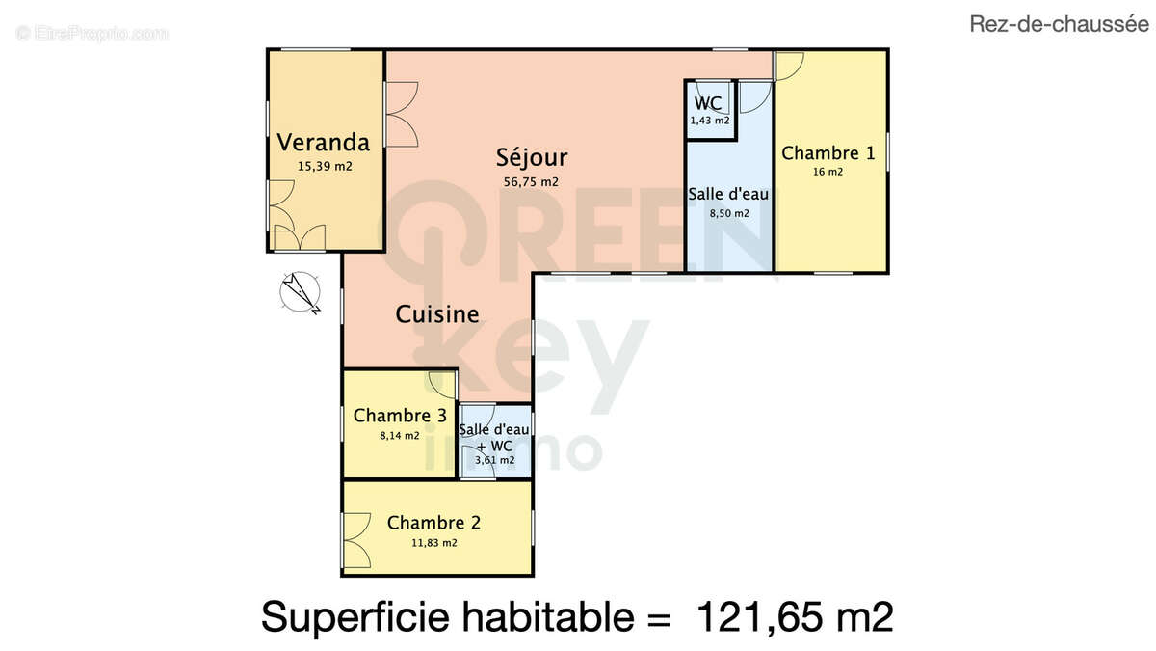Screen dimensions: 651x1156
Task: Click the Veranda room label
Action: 323,143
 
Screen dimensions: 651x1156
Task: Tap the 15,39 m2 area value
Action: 324,166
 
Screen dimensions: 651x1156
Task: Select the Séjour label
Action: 532,157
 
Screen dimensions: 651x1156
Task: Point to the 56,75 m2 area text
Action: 531,181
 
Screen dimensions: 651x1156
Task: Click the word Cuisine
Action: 436,313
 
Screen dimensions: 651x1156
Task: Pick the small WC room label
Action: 708,103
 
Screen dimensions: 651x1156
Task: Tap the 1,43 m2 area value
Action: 709,121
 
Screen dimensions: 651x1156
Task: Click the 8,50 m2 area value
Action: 728,213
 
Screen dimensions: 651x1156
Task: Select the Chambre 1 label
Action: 828,153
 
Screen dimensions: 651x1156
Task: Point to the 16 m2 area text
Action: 828,173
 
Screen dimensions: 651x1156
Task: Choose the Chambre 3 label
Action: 400,416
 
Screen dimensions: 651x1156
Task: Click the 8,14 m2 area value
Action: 399,436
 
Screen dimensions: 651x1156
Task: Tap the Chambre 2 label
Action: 433,523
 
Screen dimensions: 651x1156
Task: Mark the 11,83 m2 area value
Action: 434,543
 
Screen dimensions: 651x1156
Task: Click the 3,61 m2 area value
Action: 494,461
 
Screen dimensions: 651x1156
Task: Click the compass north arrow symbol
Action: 300,292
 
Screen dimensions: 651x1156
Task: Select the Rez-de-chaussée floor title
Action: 1058,26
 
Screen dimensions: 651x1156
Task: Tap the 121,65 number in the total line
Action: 761,617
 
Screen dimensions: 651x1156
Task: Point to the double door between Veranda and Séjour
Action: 400,114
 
